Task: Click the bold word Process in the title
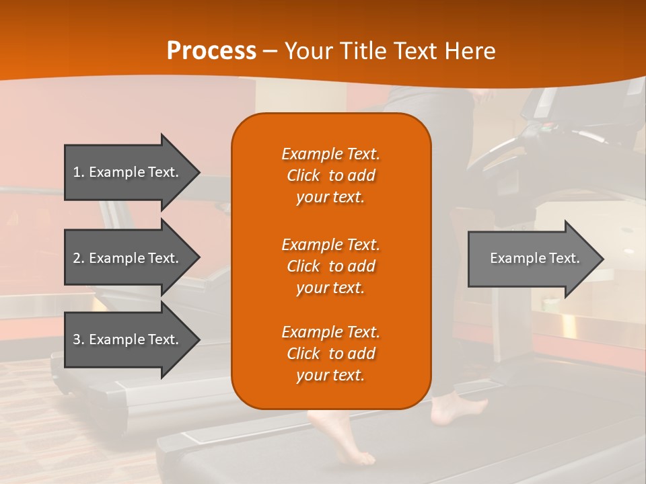[x=211, y=51]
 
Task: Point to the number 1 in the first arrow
[x=77, y=172]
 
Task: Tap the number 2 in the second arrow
[x=77, y=258]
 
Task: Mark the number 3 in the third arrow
[x=77, y=339]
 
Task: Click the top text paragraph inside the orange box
[x=330, y=175]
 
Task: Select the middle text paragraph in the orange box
[x=330, y=266]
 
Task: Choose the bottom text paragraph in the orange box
[x=330, y=354]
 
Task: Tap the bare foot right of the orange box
[x=458, y=410]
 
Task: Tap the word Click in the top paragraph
[x=303, y=175]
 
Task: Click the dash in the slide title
[x=270, y=51]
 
